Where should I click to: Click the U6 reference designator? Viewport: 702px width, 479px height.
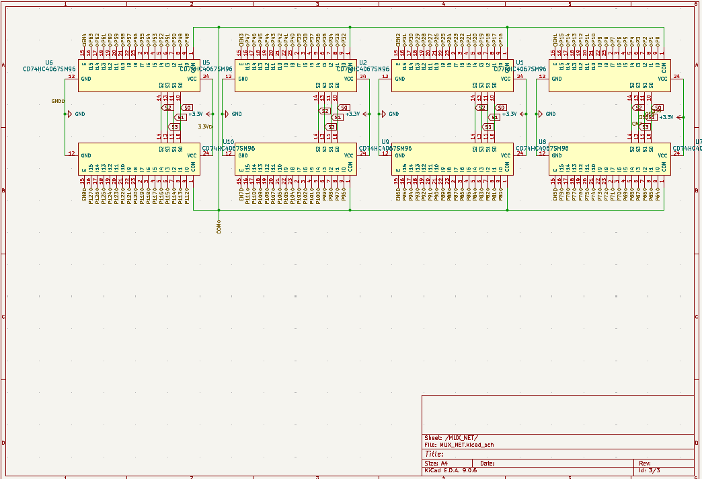tap(49, 62)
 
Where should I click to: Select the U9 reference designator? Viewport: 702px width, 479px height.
tap(385, 142)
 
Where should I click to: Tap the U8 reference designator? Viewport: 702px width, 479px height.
tap(542, 142)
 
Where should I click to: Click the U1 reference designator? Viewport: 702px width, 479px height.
tap(519, 62)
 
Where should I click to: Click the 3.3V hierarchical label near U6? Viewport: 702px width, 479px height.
tap(205, 126)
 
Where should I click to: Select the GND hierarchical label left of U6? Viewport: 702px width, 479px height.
tap(58, 102)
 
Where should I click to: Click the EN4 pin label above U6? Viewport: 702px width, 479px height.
tap(83, 38)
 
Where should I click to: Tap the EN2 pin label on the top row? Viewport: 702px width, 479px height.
tap(397, 38)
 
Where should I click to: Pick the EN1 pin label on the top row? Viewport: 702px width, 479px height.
tap(555, 38)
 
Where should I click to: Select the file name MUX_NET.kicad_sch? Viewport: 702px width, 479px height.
tap(467, 445)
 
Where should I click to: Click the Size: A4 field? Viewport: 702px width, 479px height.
tap(436, 464)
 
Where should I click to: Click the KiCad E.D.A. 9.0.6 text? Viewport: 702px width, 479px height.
tap(451, 470)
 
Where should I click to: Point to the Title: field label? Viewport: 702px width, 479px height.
tap(434, 454)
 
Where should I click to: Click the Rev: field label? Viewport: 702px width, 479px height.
tap(644, 464)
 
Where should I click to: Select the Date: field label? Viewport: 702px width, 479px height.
tap(487, 464)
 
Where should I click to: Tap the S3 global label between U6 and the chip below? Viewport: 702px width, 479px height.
tap(174, 126)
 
